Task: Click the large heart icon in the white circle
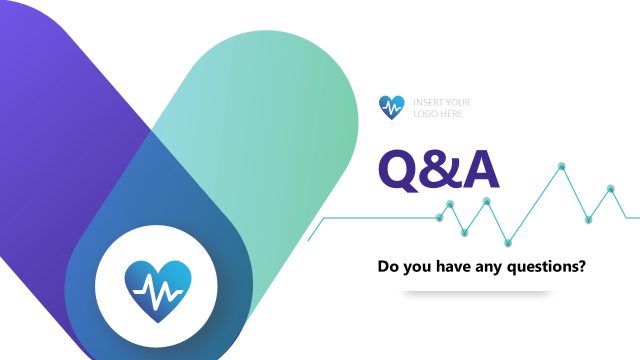(x=157, y=287)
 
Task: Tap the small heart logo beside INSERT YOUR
(x=393, y=106)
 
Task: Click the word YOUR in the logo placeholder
(x=456, y=102)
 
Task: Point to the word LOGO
(x=424, y=113)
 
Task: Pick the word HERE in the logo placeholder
(x=448, y=113)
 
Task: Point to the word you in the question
(x=419, y=268)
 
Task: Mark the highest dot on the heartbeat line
(x=563, y=164)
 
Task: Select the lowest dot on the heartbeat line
(x=508, y=241)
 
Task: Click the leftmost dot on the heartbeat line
(x=440, y=216)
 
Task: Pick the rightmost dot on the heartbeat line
(x=610, y=188)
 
